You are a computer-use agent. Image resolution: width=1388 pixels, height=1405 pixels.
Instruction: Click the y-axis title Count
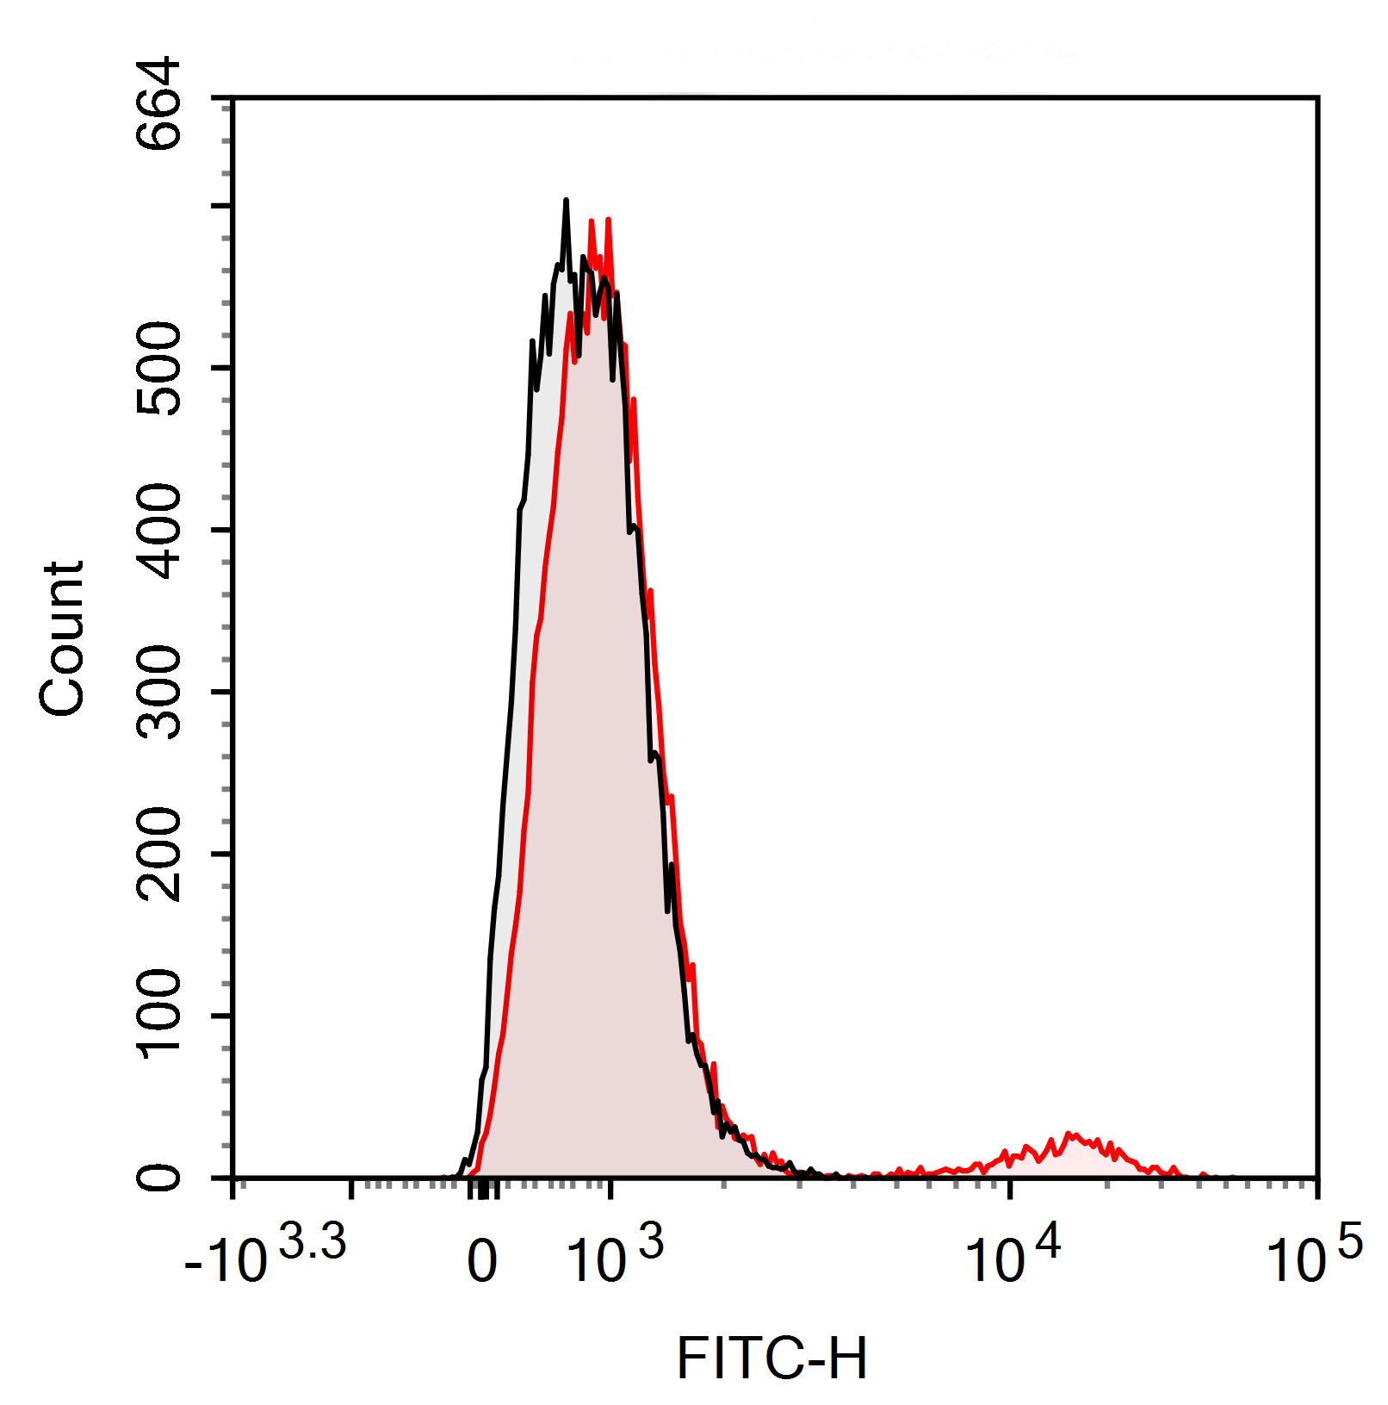point(62,638)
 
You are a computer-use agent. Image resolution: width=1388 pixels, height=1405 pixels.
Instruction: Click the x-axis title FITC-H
point(771,1359)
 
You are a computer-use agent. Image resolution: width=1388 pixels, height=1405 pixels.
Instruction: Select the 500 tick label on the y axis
point(160,368)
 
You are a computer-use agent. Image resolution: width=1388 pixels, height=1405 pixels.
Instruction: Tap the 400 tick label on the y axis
point(160,530)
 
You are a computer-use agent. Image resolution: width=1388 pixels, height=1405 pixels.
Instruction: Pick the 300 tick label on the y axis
point(160,692)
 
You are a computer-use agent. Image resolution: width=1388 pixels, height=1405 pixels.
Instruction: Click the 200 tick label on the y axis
point(160,854)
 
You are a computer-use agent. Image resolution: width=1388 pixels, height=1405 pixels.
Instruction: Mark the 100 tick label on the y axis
point(160,1016)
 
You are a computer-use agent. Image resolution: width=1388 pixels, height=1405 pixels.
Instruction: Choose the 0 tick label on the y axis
point(160,1177)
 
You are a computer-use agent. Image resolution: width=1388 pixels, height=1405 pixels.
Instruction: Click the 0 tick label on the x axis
point(482,1264)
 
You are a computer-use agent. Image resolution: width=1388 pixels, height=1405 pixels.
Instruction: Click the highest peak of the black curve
point(566,201)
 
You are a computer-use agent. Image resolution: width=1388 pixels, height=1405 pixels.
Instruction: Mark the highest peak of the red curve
point(608,220)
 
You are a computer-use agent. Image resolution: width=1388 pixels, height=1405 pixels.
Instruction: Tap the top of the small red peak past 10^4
point(1069,1134)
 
